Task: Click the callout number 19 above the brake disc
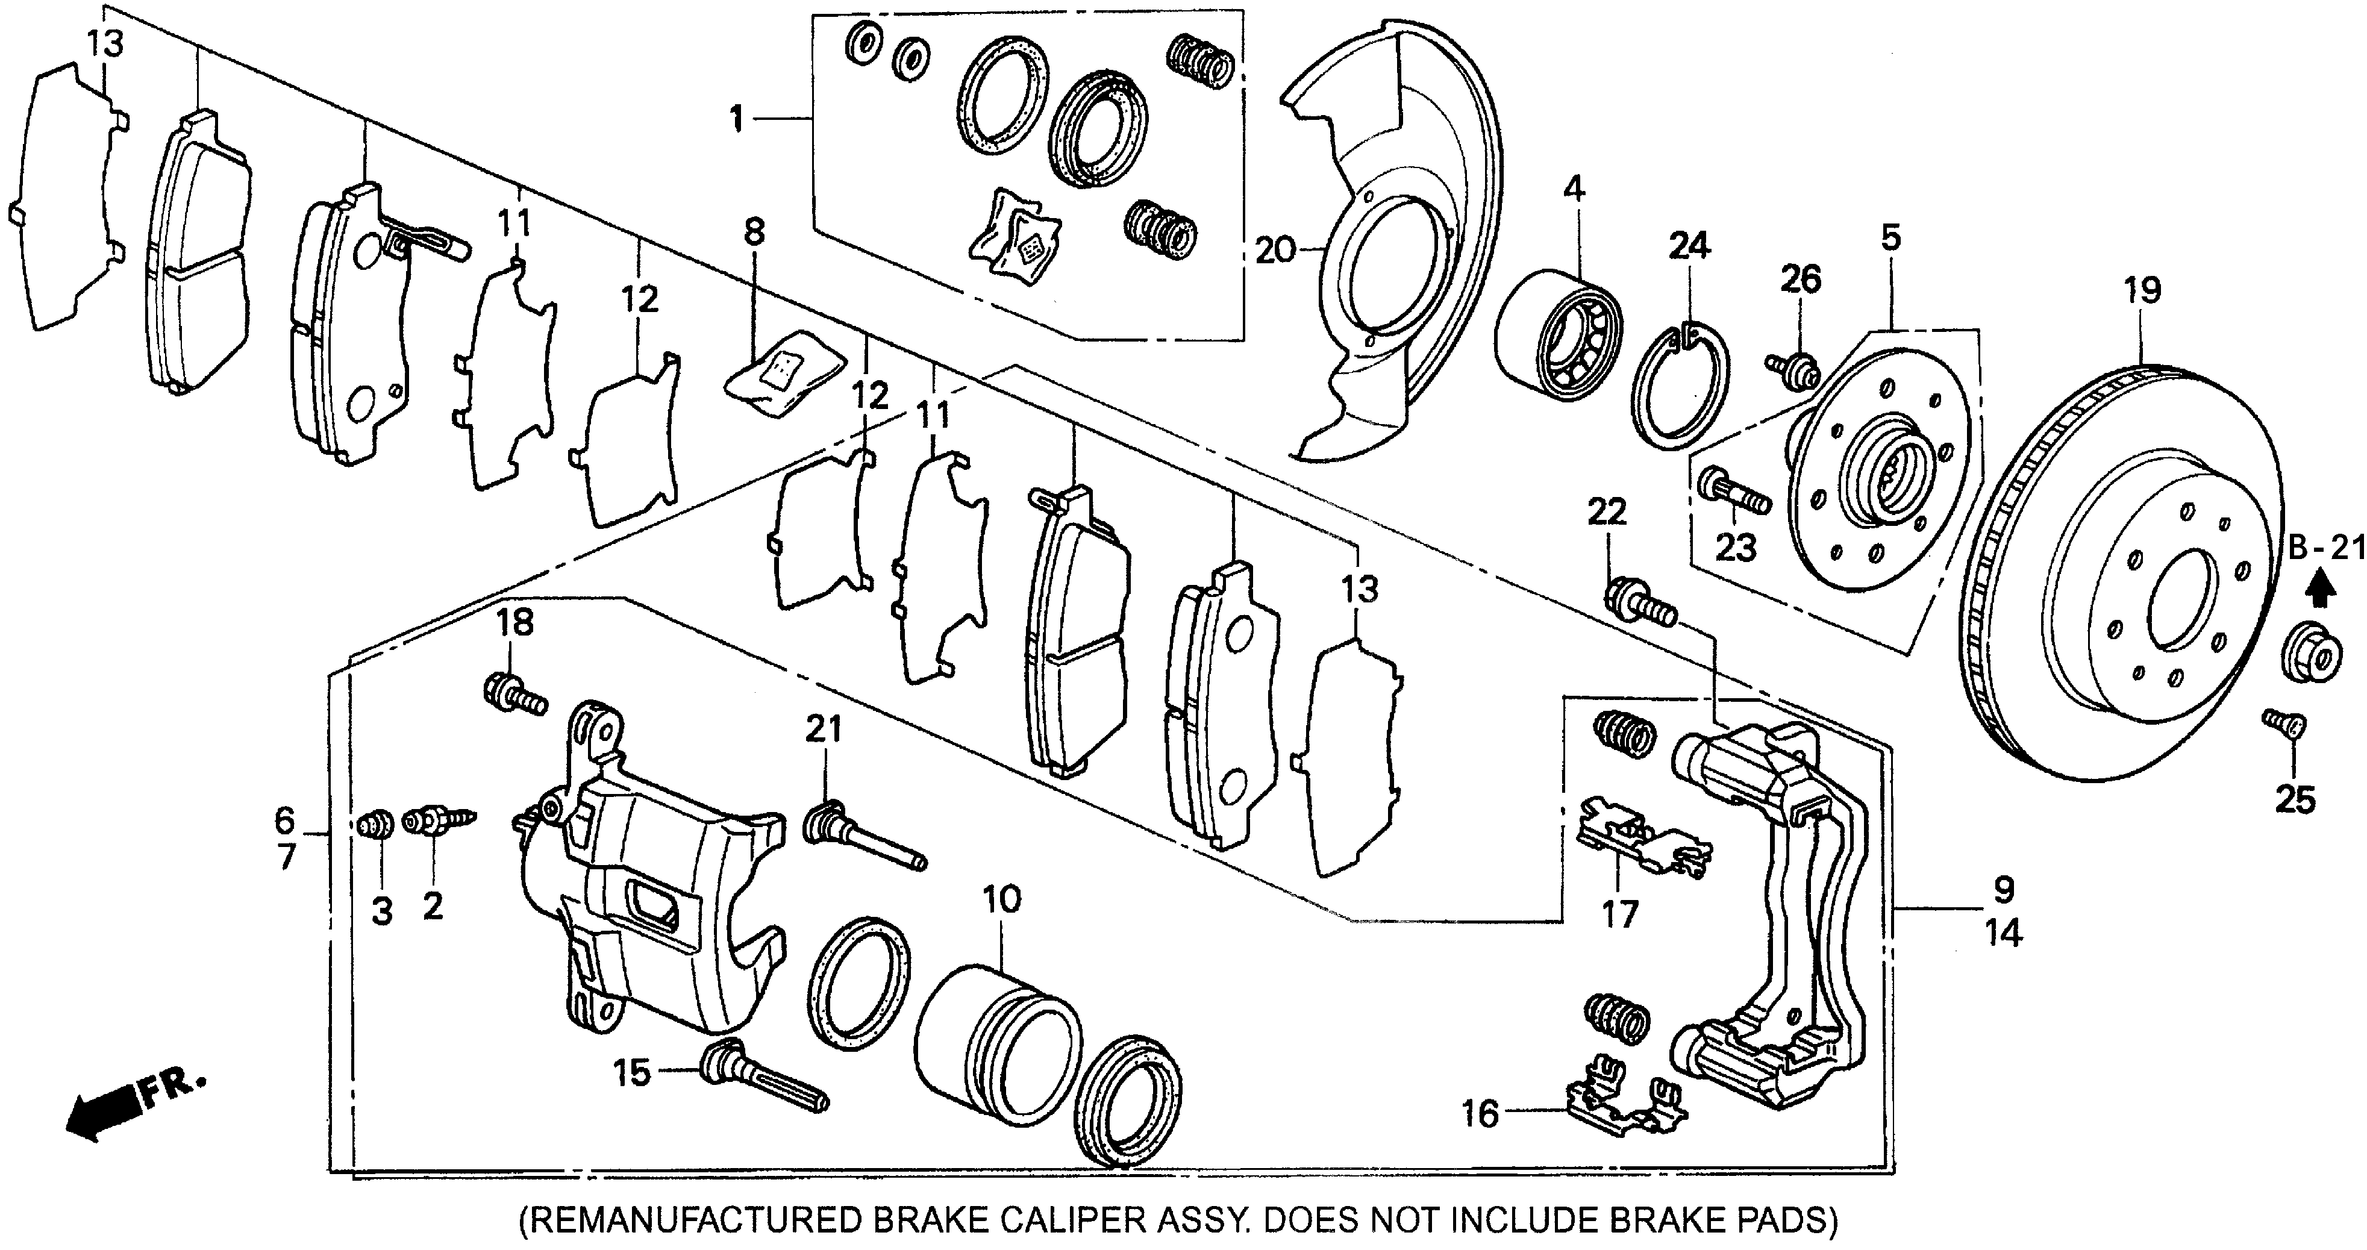[x=2142, y=292]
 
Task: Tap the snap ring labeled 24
[x=1681, y=387]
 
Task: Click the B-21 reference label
[x=2325, y=549]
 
